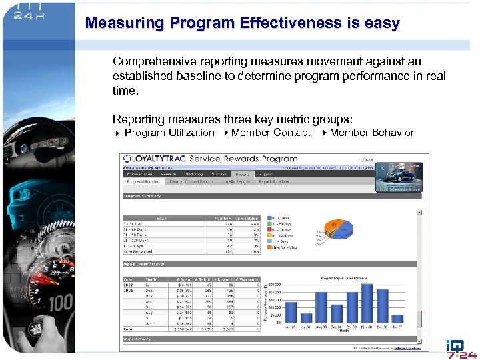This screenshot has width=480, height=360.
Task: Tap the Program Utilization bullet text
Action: point(169,133)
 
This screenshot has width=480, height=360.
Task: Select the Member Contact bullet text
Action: point(271,133)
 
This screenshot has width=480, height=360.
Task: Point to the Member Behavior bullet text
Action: point(371,133)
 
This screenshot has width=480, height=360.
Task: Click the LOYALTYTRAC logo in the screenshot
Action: point(154,159)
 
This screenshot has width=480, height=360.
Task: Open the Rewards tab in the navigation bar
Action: point(169,174)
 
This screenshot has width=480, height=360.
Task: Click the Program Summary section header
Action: point(143,196)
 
